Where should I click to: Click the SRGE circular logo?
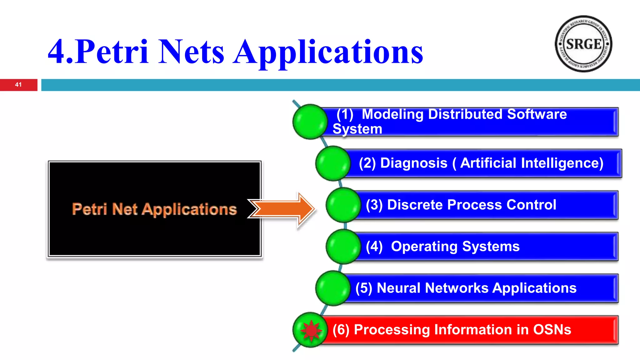tap(583, 44)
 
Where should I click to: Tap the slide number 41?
tap(18, 85)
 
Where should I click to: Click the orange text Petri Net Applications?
tap(154, 209)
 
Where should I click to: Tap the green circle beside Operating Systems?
tap(343, 247)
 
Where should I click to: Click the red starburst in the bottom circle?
tap(311, 330)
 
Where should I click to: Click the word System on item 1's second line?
tap(357, 129)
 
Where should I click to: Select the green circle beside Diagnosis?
tap(333, 163)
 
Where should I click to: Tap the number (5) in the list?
tap(364, 288)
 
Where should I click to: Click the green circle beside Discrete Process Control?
tap(343, 205)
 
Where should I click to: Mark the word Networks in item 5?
tap(457, 288)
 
